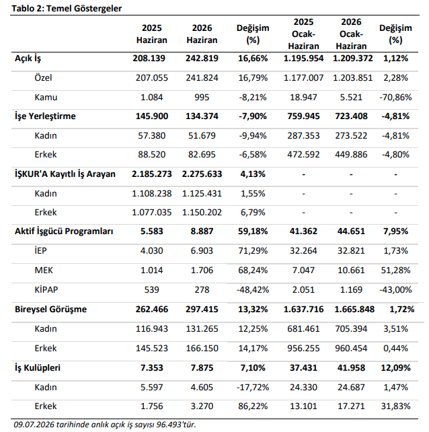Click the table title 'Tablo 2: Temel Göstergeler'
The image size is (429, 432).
coord(67,9)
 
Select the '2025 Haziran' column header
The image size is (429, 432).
coord(152,34)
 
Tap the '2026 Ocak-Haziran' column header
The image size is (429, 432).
coord(351,34)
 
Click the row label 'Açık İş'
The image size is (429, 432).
coord(28,59)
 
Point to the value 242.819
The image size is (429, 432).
coord(202,59)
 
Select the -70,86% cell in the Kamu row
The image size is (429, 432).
coord(395,98)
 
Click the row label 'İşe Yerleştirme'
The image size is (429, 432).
coord(45,116)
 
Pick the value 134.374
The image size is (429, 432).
coord(202,116)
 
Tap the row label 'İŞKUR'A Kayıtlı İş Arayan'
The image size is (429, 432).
coord(65,174)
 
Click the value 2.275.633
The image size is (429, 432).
coord(202,174)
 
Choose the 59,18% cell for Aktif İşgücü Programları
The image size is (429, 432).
coord(253,231)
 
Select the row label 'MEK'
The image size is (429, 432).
coord(44,271)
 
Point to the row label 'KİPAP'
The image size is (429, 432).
coord(46,289)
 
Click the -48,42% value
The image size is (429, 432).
coord(253,290)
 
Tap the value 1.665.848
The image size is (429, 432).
coord(354,310)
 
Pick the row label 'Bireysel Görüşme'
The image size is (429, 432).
coord(50,310)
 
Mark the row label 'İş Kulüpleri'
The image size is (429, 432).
coord(38,368)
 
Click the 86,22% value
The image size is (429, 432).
coord(253,406)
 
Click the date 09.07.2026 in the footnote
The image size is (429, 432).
coord(34,425)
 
